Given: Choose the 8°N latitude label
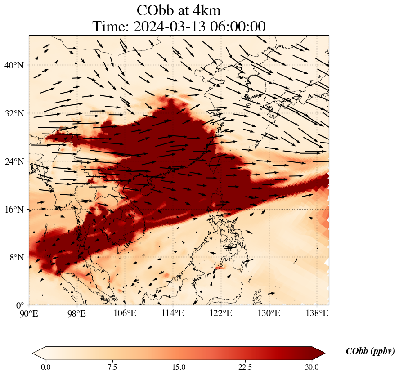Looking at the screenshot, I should (x=16, y=257).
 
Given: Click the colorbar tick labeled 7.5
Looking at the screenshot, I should (x=112, y=367).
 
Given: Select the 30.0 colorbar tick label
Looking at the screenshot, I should (x=312, y=367).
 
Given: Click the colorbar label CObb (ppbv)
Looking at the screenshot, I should (x=370, y=351).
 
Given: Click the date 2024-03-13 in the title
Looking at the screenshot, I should (x=171, y=27).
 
